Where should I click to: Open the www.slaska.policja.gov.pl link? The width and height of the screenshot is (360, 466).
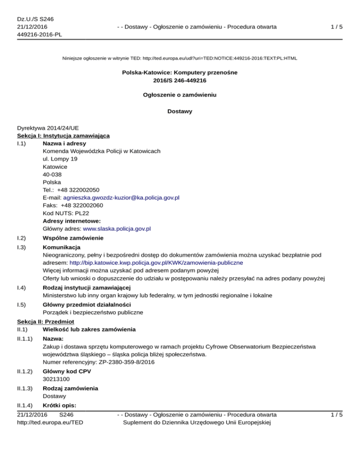tap(116, 229)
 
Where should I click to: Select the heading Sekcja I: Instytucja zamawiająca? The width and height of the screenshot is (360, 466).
tap(63, 135)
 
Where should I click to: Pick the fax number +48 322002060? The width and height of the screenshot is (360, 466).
tap(82, 205)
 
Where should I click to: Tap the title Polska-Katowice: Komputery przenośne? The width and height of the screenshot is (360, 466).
tap(180, 73)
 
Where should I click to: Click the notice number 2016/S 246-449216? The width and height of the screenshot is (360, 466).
tap(180, 80)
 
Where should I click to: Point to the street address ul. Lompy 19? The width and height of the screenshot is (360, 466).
tap(60, 159)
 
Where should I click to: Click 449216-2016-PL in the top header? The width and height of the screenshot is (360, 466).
tap(40, 35)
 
